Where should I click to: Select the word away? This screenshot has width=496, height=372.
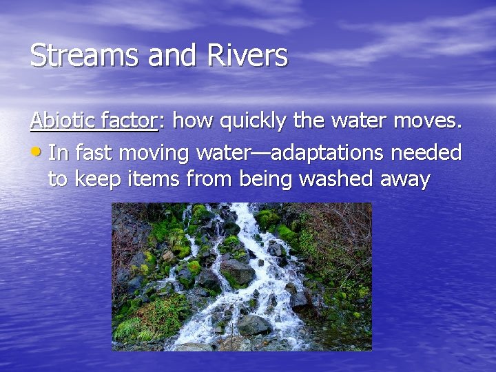pyautogui.click(x=404, y=180)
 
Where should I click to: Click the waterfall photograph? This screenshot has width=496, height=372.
pyautogui.click(x=242, y=276)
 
